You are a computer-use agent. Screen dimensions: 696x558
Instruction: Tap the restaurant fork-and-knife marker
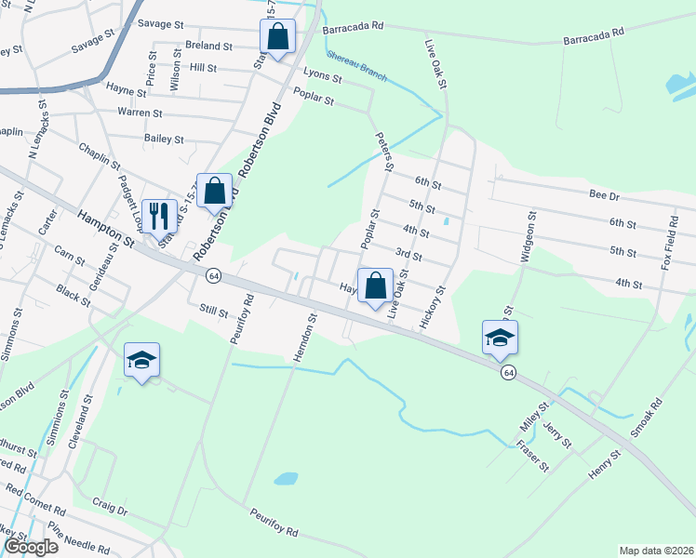click(159, 217)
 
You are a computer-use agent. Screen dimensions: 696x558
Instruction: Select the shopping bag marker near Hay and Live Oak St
click(376, 288)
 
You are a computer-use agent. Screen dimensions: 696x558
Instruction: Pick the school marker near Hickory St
click(500, 339)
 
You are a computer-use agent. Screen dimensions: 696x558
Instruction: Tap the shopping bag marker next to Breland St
click(277, 38)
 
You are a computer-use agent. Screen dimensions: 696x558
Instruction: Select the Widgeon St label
click(529, 237)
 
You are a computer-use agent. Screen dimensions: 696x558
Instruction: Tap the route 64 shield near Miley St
click(507, 372)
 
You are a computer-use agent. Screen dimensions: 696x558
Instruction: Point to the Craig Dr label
click(109, 507)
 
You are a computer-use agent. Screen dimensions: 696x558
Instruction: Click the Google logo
click(30, 547)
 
